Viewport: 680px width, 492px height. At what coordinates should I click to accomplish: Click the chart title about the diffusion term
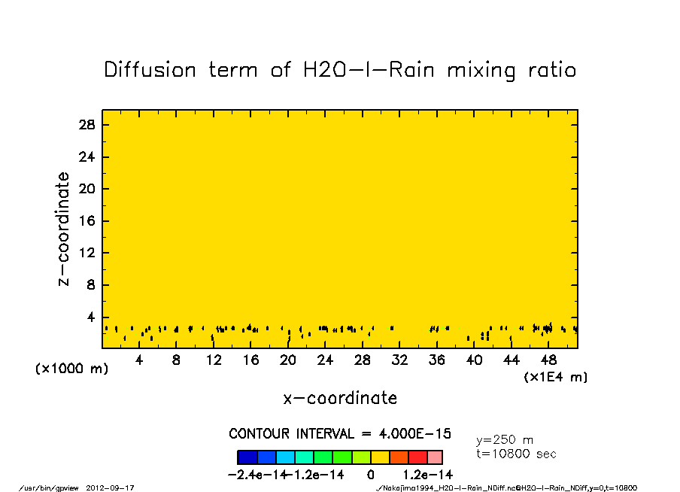(340, 71)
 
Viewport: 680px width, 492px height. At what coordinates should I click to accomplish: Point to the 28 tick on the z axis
(87, 125)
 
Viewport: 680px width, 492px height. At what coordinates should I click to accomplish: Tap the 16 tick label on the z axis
(87, 221)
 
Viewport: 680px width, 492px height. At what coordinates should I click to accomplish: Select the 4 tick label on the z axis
(91, 317)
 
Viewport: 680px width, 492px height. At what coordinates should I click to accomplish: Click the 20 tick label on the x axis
(287, 360)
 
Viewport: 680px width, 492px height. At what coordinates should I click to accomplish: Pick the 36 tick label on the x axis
(436, 360)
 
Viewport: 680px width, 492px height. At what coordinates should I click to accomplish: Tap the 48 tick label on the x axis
(548, 360)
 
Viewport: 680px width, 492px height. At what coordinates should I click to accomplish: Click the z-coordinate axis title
(64, 229)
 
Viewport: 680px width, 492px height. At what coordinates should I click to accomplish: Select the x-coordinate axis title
(340, 398)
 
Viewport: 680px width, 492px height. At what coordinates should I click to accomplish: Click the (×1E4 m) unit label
(555, 377)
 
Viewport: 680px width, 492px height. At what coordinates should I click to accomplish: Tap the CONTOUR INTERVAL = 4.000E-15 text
(340, 434)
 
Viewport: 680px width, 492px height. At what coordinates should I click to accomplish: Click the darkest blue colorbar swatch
(247, 457)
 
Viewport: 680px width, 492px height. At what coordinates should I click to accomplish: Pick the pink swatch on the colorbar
(435, 457)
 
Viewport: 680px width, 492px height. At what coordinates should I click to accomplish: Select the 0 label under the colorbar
(371, 475)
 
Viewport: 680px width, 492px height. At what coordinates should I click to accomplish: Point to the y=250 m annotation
(505, 440)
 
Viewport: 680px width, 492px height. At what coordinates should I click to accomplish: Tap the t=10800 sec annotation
(516, 454)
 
